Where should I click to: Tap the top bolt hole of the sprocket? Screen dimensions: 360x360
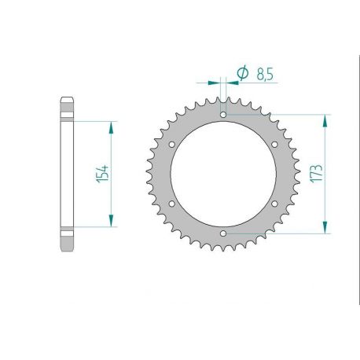click(x=223, y=115)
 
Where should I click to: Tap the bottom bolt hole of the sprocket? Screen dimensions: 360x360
click(x=223, y=233)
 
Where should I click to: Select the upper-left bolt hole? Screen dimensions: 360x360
click(x=172, y=145)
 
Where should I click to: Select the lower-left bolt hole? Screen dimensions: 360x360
click(x=172, y=204)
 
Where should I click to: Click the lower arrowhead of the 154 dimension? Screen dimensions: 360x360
click(x=112, y=222)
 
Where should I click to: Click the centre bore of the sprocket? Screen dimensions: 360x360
click(x=223, y=174)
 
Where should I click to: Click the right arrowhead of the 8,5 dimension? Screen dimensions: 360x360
click(x=231, y=80)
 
